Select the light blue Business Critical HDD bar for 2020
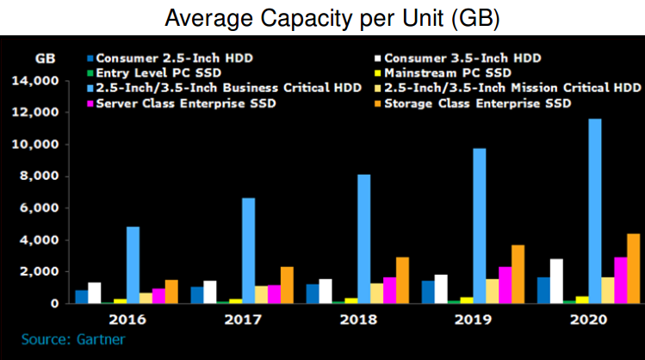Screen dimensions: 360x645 pos(595,211)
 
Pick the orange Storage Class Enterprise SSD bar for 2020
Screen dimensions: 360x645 pos(633,269)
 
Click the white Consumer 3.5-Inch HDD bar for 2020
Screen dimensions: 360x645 pos(556,281)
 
